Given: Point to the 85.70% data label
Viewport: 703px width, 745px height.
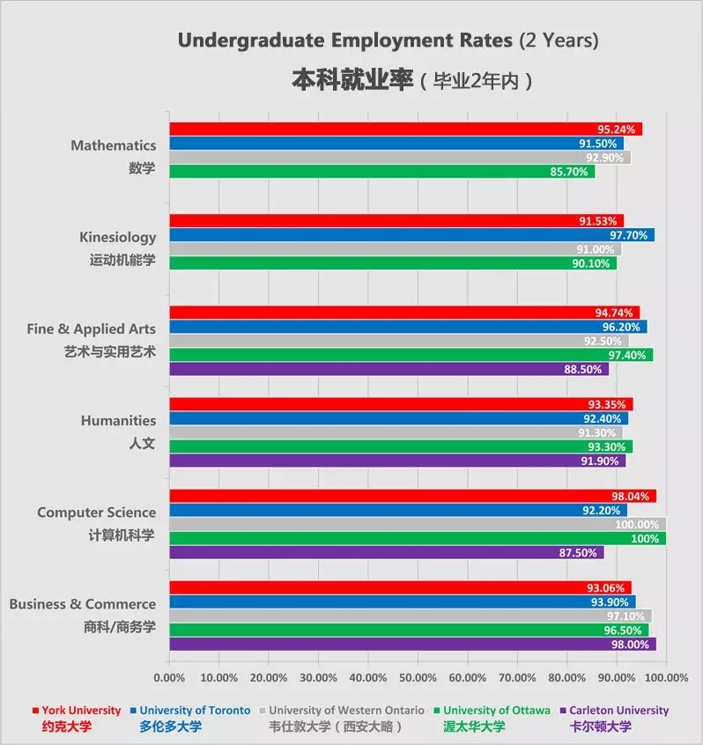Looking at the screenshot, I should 568,172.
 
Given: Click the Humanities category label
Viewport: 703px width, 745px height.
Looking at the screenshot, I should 118,421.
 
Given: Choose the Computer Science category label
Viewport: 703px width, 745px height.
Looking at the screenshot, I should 96,513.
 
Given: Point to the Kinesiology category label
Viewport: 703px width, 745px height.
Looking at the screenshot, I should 117,237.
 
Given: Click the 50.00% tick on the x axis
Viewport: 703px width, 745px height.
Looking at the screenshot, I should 418,678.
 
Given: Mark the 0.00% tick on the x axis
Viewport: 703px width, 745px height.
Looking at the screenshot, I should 169,678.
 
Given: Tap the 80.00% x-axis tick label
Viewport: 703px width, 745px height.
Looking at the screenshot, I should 566,678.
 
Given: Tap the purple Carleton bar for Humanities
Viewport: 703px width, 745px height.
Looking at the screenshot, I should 396,461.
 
